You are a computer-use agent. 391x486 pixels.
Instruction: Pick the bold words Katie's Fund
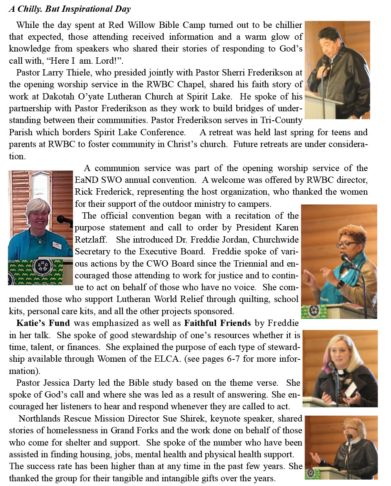tap(43, 323)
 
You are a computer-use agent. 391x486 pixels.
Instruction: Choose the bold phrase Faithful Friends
tap(217, 323)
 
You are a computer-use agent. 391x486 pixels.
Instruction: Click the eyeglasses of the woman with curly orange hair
tap(346, 244)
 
